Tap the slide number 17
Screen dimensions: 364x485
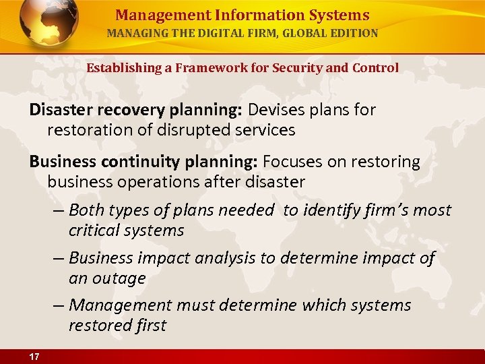33,357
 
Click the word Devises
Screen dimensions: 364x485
277,109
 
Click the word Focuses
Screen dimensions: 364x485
292,162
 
